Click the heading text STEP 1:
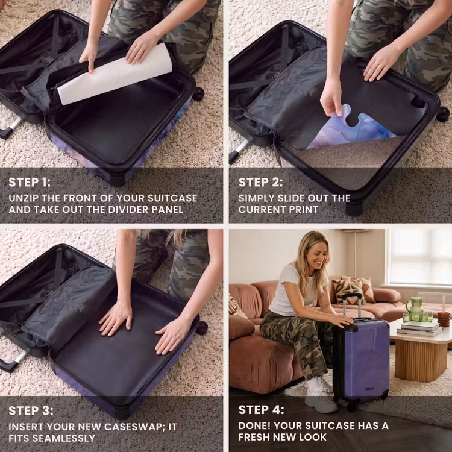30,182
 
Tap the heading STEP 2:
260,182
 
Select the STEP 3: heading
31,411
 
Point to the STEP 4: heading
261,410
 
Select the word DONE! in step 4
254,425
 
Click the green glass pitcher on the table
415,309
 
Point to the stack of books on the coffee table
419,328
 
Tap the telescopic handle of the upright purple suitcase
352,306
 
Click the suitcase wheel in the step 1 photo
198,94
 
